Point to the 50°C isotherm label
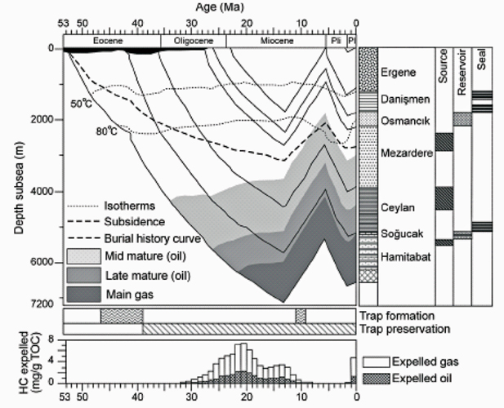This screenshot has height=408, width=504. tap(81, 104)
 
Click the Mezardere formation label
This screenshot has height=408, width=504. tap(407, 152)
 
